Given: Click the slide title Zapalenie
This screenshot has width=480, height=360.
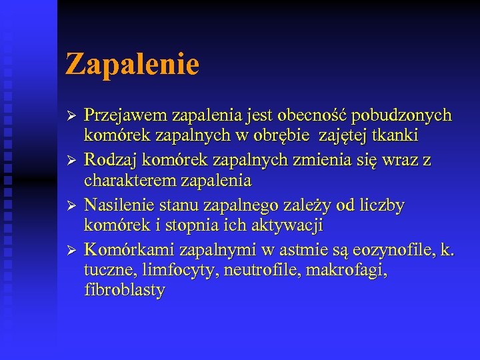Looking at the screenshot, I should [x=133, y=65].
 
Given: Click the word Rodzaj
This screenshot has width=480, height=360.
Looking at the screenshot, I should [x=107, y=160].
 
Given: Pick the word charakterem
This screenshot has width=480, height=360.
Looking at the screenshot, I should [x=127, y=181].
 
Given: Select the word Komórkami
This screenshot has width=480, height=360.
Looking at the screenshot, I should [x=126, y=249].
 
